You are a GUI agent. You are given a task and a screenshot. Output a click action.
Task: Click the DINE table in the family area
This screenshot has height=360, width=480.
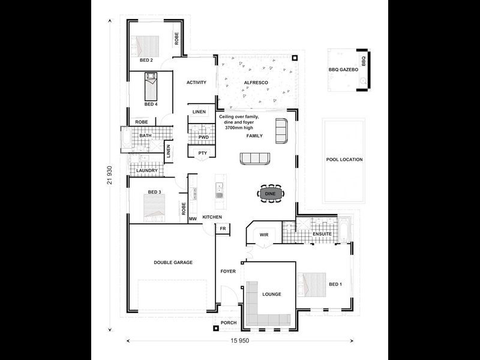point(271,193)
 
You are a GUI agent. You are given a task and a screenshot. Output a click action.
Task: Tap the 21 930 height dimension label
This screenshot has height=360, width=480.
point(110,175)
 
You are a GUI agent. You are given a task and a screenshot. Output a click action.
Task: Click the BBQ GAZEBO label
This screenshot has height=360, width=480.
point(343,70)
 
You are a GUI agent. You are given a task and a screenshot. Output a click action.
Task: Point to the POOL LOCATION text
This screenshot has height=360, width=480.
point(344,160)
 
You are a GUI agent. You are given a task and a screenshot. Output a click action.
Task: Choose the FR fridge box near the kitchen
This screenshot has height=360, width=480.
point(223,229)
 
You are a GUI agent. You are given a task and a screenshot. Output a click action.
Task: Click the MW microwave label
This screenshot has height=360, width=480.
point(193,219)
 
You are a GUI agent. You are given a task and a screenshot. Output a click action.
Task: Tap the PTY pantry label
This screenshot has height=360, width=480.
point(203,153)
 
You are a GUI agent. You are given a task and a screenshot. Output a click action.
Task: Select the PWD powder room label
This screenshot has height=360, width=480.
point(203,137)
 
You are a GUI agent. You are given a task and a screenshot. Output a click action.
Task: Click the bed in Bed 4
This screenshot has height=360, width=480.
point(151,86)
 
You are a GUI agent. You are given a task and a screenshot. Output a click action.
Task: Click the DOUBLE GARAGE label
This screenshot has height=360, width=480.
point(173,262)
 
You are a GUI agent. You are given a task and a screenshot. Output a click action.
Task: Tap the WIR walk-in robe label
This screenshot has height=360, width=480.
point(264,235)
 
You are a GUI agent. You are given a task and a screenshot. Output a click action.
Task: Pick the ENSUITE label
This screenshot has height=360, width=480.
point(322,234)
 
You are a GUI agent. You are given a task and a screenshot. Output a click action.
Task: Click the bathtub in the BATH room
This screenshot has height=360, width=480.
point(127,139)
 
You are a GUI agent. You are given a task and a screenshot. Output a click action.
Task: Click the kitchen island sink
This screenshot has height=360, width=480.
point(219,190)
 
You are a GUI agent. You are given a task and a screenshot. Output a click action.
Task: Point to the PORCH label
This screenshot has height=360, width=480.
point(229,323)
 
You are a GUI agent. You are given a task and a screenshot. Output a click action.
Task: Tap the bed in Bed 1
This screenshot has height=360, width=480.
point(311,284)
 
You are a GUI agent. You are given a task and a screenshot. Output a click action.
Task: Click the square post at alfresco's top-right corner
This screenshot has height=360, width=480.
point(295,58)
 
